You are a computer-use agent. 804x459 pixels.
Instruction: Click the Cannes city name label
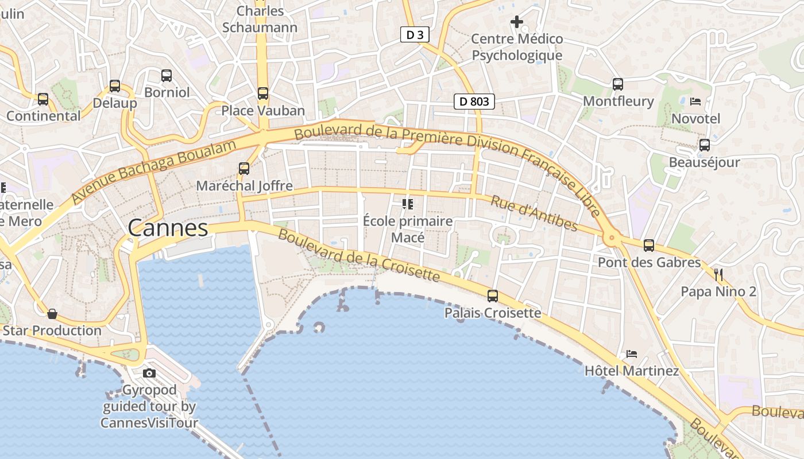click(168, 228)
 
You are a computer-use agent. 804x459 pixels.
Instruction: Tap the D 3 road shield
click(415, 35)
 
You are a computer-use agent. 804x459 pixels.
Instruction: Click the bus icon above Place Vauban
click(263, 93)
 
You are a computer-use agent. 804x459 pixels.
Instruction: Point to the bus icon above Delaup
click(115, 86)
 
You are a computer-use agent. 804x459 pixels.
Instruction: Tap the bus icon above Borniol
click(167, 75)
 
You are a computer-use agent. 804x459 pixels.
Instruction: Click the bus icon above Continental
click(43, 99)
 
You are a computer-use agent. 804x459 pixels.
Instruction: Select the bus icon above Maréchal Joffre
click(244, 169)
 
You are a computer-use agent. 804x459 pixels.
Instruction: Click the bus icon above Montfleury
click(618, 84)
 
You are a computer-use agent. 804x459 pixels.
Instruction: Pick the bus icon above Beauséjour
click(705, 145)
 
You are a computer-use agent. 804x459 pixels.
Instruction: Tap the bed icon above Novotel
click(695, 102)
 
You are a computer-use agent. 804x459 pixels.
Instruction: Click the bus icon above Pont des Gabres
click(649, 246)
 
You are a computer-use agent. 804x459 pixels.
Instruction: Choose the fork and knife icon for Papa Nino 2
click(718, 274)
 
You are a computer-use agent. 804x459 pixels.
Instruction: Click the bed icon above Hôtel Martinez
click(632, 353)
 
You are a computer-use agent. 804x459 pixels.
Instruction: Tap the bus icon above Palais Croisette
click(493, 296)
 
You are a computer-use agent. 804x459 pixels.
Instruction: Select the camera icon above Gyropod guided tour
click(149, 374)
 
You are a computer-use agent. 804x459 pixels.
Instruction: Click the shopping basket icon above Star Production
click(52, 314)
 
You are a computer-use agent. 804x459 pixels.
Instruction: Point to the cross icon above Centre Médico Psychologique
click(517, 22)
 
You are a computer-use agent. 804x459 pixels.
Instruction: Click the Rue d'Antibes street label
click(534, 213)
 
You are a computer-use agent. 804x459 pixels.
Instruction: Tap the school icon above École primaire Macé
click(408, 204)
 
